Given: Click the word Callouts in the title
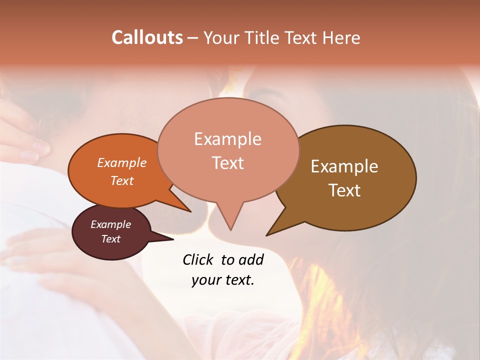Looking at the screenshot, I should (147, 37).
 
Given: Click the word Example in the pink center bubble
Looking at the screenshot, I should (227, 139).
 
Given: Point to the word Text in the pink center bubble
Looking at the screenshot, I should (227, 163).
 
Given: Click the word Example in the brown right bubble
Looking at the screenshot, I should (344, 166).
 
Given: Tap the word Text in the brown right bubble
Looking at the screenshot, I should (344, 190).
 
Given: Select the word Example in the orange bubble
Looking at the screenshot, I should (122, 162).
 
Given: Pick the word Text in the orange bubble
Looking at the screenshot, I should (122, 180).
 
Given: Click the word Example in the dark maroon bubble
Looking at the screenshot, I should (111, 224).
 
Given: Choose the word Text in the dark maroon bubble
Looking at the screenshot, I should (111, 239).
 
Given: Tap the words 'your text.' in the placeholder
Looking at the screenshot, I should (223, 280).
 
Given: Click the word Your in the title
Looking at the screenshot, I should (218, 37).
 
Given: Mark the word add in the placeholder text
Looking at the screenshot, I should (252, 259).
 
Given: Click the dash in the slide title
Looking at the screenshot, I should (192, 37).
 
